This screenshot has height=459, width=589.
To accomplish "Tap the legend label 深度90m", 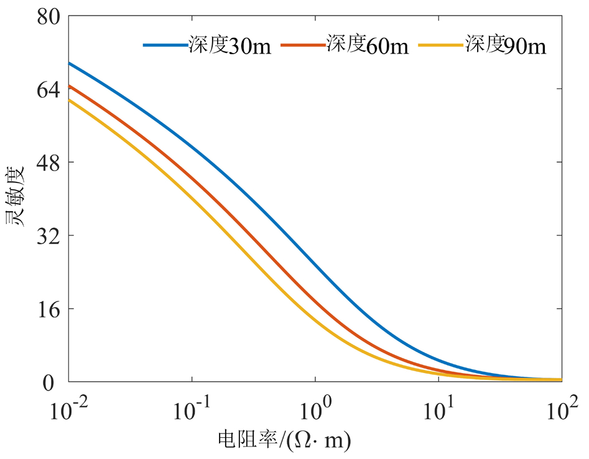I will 506,46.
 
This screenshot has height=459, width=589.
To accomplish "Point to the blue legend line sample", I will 165,45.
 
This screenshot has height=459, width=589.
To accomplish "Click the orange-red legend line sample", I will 304,45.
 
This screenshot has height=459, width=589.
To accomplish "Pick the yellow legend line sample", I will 442,45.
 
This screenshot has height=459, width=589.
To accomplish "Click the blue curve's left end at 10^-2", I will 70,63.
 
